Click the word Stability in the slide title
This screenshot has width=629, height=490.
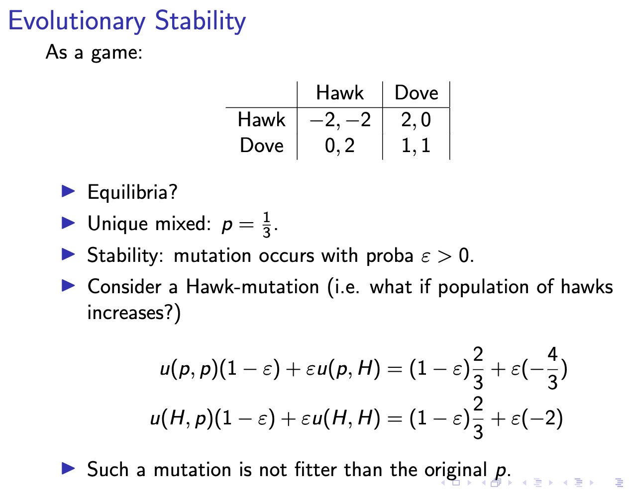(x=200, y=21)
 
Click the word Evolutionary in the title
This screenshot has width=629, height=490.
(x=77, y=21)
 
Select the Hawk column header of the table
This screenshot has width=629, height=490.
(x=340, y=93)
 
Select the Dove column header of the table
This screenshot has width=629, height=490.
(x=416, y=93)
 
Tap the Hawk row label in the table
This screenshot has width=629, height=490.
(x=261, y=120)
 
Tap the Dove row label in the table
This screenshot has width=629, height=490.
(x=261, y=146)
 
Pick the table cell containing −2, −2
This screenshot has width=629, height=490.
(x=340, y=120)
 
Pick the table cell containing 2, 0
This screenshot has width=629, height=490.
(x=416, y=120)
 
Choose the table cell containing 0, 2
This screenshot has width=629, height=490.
(x=340, y=146)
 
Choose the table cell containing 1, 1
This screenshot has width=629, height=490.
(x=416, y=146)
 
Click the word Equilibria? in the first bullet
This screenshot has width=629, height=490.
(x=132, y=192)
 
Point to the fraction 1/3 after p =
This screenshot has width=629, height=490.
(x=267, y=225)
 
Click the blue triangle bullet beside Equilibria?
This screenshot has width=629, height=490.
(x=68, y=191)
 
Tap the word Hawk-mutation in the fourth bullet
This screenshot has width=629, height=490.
(x=252, y=287)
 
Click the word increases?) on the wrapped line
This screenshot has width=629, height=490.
(x=134, y=313)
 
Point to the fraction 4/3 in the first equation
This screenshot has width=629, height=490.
(x=552, y=369)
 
